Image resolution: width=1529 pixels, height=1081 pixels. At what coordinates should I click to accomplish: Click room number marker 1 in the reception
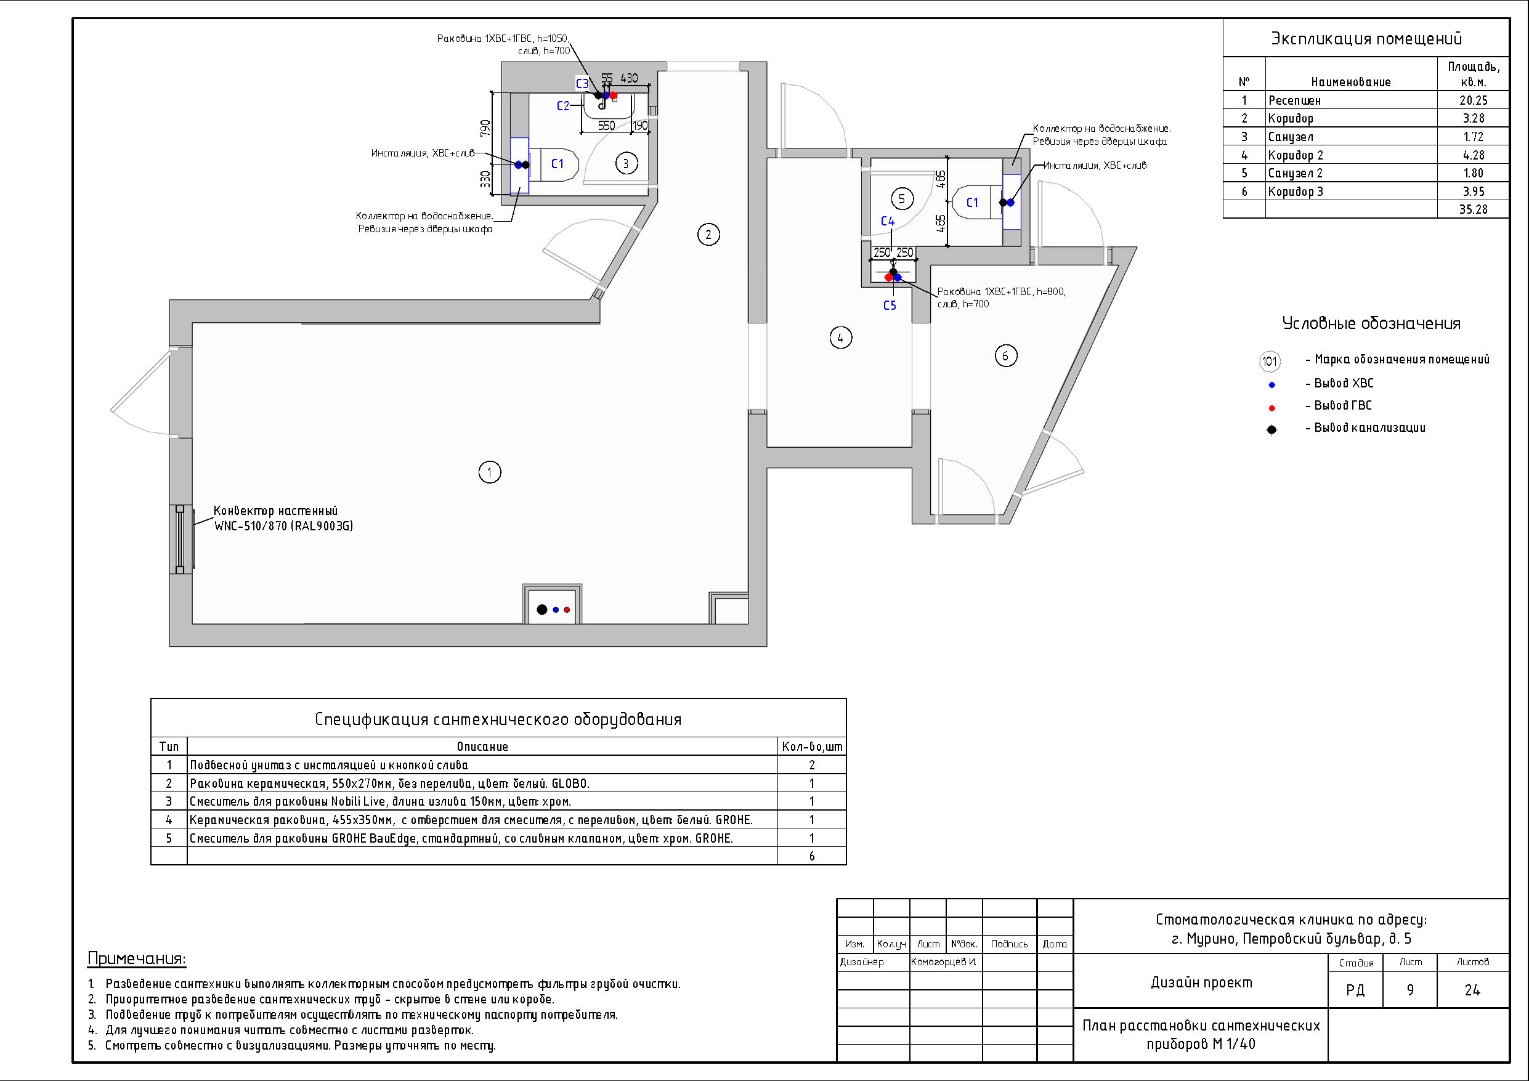[490, 472]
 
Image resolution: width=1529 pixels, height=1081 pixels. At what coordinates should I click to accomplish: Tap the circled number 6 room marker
[1005, 355]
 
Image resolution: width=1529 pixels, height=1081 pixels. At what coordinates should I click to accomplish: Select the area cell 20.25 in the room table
[1473, 100]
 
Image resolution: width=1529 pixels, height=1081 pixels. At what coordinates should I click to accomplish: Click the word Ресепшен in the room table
[1294, 100]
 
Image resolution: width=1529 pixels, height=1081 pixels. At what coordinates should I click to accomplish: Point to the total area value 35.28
[1473, 209]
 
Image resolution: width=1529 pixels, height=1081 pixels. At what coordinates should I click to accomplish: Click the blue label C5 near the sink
[890, 306]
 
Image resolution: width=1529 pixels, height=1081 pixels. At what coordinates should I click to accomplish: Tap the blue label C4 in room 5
[888, 221]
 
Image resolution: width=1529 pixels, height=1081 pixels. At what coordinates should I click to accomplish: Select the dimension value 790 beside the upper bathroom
[485, 128]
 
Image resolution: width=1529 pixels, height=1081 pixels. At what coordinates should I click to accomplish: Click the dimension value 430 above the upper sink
[630, 79]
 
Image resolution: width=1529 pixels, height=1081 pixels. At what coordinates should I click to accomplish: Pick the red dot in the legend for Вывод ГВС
[1272, 408]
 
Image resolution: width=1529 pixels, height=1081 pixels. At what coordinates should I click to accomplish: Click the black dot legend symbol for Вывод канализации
[1272, 429]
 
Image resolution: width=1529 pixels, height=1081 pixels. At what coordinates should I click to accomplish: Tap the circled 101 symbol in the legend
[1270, 361]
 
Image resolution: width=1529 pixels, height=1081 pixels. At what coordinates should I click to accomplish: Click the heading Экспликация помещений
[1366, 39]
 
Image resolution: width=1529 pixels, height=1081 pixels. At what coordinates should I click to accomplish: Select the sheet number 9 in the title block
[1409, 990]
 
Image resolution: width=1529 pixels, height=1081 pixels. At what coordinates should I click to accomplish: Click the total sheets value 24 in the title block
[1472, 990]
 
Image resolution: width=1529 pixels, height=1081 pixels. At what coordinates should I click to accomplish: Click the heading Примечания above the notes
[137, 959]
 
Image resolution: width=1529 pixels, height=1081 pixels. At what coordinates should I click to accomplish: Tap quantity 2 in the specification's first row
[812, 765]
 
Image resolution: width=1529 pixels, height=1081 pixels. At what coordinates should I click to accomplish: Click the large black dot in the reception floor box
[542, 609]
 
